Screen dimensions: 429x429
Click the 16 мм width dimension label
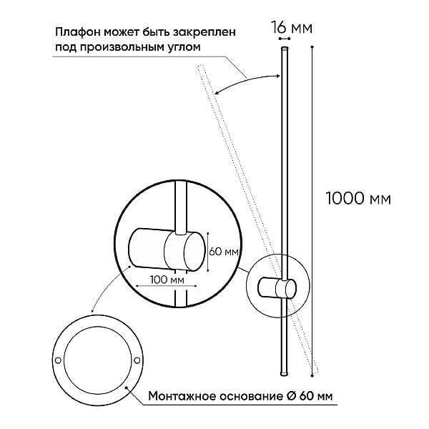tap(292, 28)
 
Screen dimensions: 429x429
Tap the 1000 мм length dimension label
tap(358, 198)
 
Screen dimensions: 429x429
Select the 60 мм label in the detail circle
tap(224, 252)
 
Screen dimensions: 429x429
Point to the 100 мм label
tap(167, 280)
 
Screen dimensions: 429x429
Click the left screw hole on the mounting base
tap(58, 360)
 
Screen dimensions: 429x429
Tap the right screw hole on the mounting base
tap(137, 360)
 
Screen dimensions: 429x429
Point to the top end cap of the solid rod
tap(285, 49)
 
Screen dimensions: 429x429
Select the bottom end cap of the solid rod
tap(285, 373)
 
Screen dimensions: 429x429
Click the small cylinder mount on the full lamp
tap(277, 288)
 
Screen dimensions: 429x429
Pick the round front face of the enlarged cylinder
tap(194, 251)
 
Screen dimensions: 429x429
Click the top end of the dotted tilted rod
tap(199, 66)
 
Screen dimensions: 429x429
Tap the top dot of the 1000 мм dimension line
tap(312, 46)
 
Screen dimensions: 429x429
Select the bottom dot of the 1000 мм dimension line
tap(312, 376)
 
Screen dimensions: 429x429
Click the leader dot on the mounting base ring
tap(126, 388)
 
